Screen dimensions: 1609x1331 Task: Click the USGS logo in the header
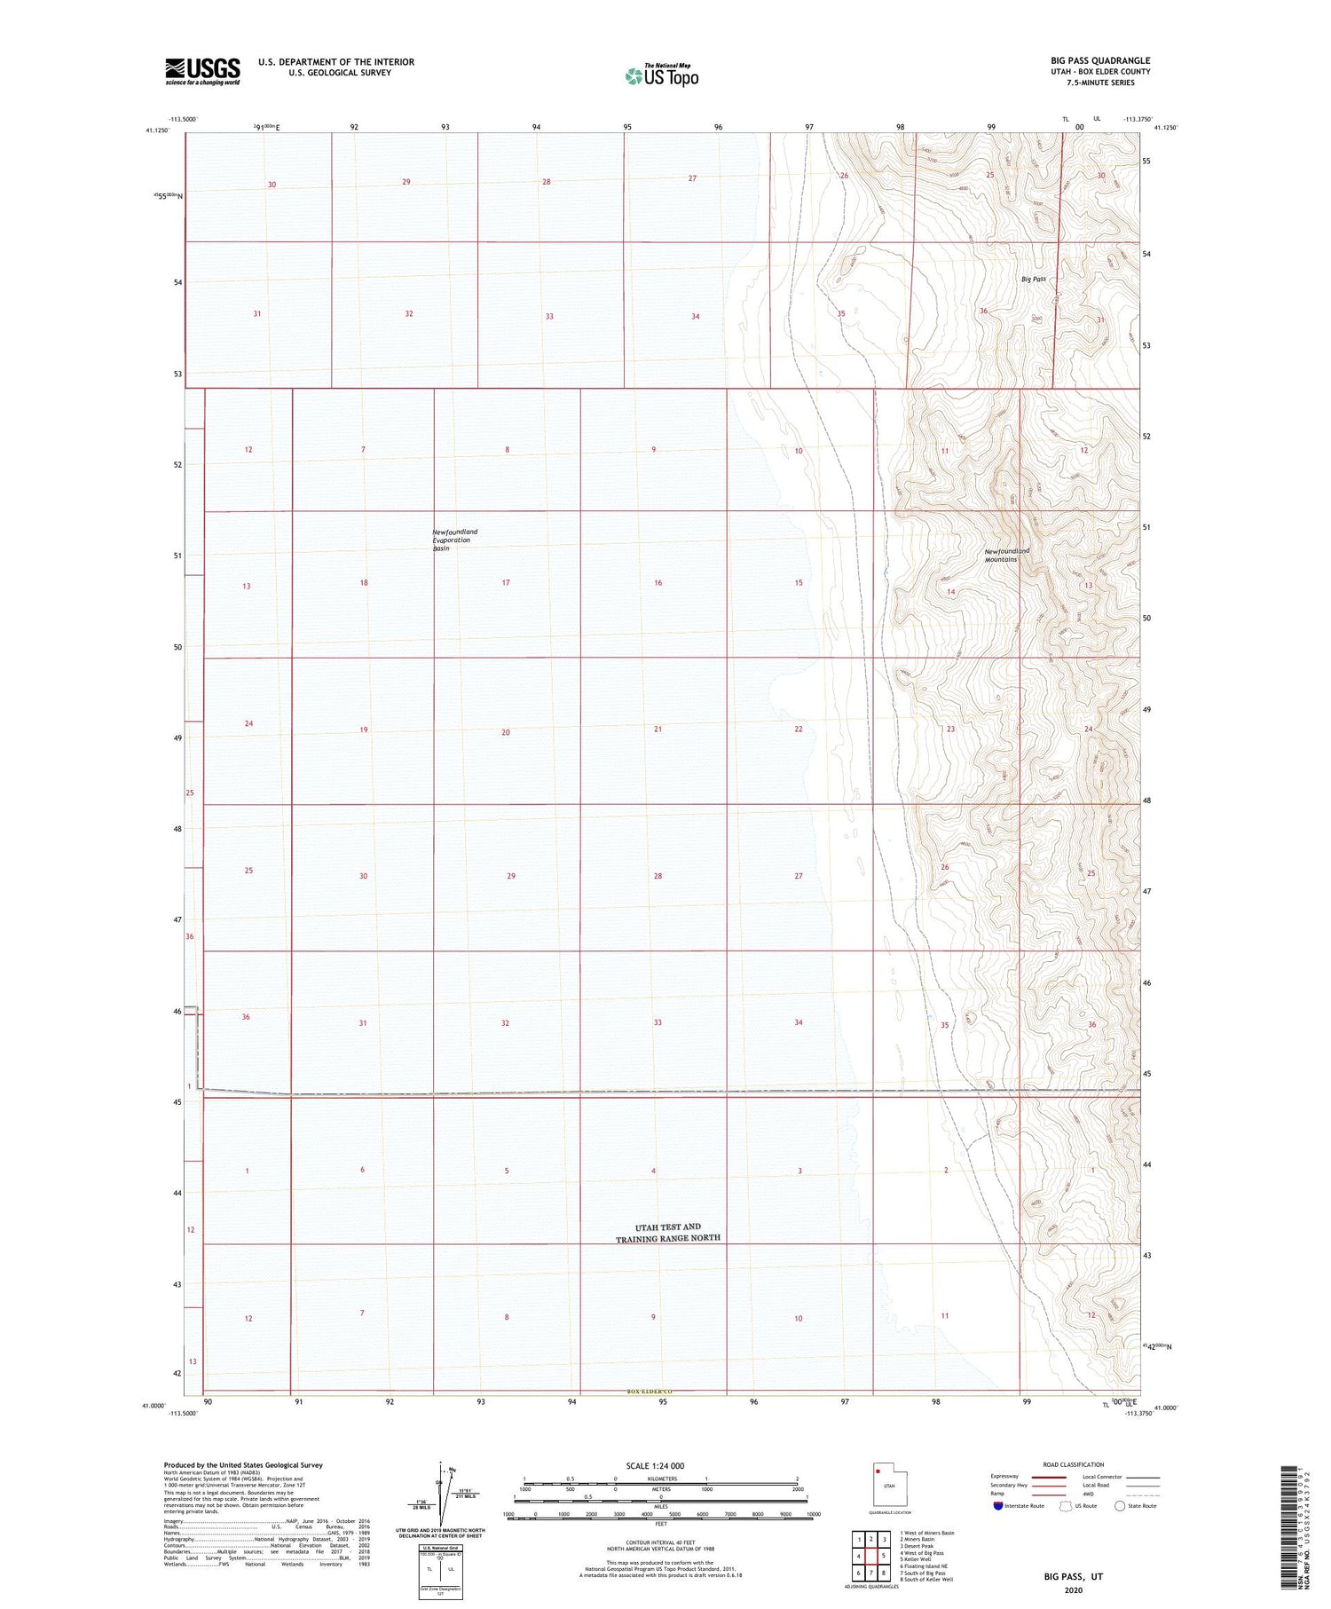point(202,71)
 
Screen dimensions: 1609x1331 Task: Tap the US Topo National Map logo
point(662,75)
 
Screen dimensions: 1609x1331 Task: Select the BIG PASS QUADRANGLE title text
point(1100,60)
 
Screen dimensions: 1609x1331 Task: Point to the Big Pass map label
point(1034,279)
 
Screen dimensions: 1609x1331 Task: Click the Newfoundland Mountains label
point(1006,555)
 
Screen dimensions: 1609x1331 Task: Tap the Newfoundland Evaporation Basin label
point(454,540)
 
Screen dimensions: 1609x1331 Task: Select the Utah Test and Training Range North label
point(668,1232)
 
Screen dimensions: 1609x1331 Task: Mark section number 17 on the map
point(506,583)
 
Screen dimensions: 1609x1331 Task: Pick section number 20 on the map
point(506,732)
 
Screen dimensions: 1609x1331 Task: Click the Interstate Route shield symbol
point(998,1505)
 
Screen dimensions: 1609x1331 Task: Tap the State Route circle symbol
point(1120,1505)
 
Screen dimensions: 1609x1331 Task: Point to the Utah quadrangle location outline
point(884,1484)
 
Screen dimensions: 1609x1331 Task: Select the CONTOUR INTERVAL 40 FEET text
point(660,1542)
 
